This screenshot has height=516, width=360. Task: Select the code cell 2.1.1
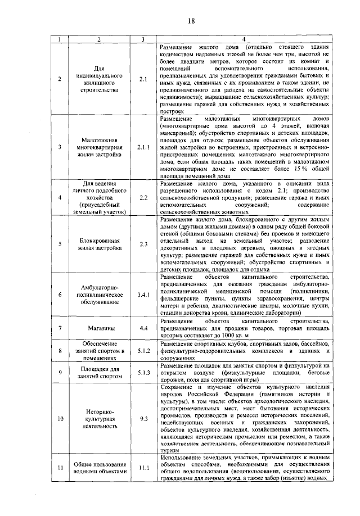tap(143, 148)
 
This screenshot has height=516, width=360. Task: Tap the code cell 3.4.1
tap(143, 294)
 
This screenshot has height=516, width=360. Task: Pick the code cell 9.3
tap(143, 419)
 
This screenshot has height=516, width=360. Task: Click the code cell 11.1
tap(143, 467)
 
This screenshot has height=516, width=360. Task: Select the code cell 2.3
tap(143, 243)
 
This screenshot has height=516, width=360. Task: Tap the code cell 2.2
tap(143, 197)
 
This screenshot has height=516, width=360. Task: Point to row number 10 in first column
tap(60, 419)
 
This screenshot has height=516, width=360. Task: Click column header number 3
tap(143, 39)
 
